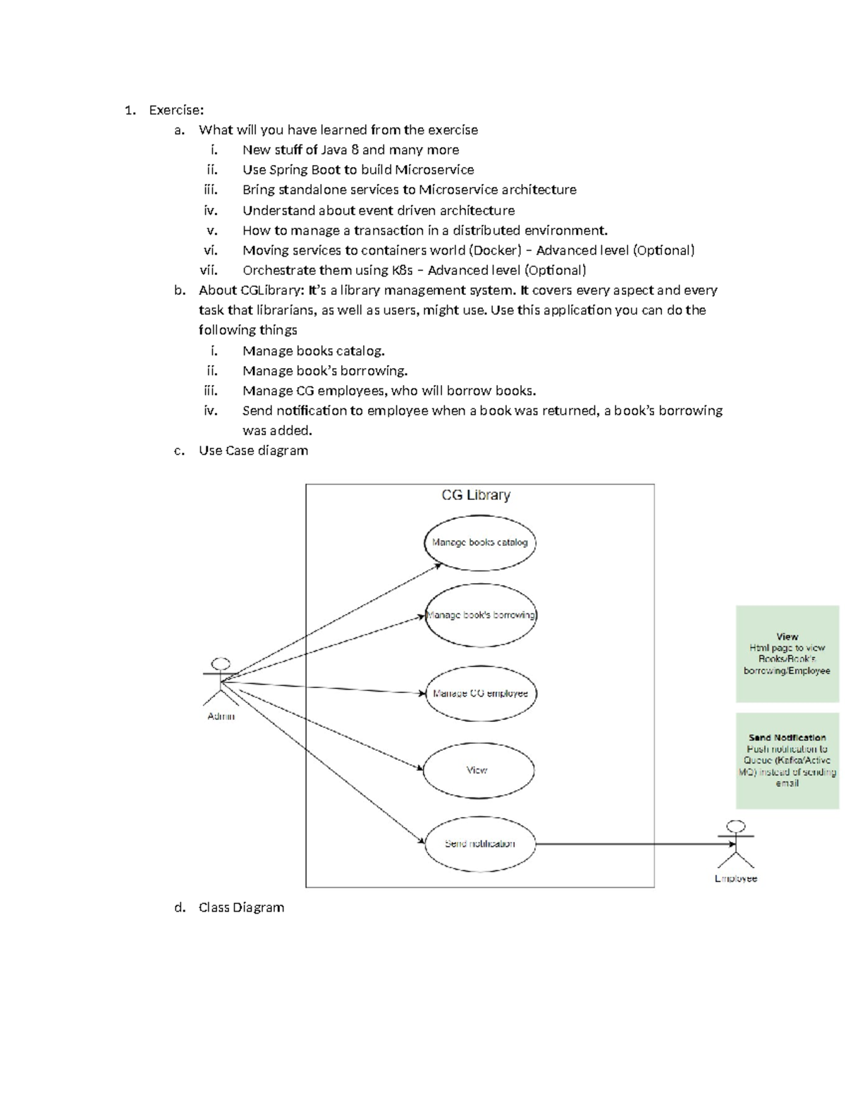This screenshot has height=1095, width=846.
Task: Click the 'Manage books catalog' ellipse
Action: coord(479,542)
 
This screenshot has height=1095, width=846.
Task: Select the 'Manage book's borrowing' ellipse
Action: coord(481,615)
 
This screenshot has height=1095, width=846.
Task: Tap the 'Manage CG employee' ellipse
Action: coord(481,693)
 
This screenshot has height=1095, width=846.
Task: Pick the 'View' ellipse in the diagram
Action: coord(477,770)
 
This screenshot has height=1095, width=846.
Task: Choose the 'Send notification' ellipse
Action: coord(479,843)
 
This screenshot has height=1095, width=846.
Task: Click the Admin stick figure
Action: coord(221,682)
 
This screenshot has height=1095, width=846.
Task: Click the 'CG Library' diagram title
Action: coord(476,496)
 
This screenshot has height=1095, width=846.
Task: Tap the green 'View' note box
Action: coord(787,654)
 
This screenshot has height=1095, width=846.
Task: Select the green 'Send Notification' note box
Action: coord(787,760)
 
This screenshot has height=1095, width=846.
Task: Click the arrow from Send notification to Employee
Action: coord(627,843)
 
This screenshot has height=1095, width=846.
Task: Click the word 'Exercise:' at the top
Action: coord(176,110)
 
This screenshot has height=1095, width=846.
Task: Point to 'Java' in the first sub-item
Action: coord(334,149)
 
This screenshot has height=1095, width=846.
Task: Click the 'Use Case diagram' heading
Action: coord(253,451)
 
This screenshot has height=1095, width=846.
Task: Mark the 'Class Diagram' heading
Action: coord(241,907)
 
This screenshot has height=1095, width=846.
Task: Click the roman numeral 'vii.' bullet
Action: coord(209,270)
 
